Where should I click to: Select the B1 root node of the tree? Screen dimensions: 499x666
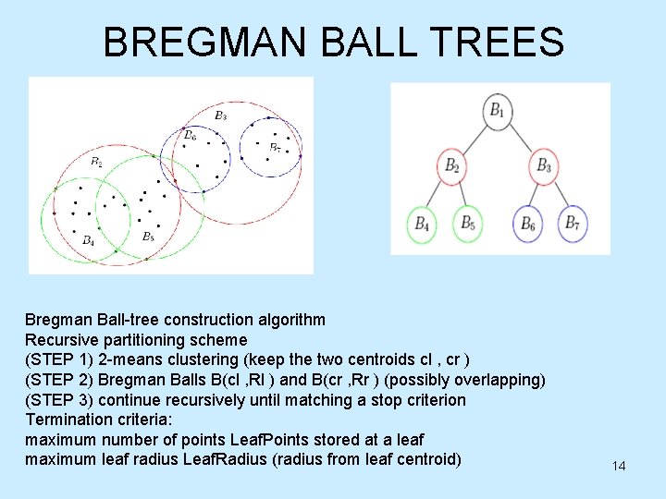click(x=498, y=112)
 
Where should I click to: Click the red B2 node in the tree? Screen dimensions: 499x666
click(x=451, y=166)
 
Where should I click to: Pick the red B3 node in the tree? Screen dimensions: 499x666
click(x=544, y=166)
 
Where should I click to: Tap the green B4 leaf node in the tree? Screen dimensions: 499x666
click(x=422, y=224)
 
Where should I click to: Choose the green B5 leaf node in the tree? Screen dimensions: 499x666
click(x=468, y=224)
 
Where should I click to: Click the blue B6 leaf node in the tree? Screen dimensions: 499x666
click(x=527, y=224)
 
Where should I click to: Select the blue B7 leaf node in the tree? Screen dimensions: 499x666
click(x=573, y=224)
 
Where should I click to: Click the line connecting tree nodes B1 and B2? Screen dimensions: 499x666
click(x=475, y=139)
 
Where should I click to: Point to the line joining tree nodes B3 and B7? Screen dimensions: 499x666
click(x=559, y=195)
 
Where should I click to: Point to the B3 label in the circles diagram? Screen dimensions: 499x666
click(x=220, y=116)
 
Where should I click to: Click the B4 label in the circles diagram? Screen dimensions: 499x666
click(x=88, y=240)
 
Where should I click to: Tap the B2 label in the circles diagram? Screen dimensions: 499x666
click(x=97, y=162)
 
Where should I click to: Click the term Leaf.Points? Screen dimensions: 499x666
click(x=244, y=440)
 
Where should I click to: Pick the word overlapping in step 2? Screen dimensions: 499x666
click(x=499, y=380)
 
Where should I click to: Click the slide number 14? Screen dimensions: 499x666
click(x=618, y=466)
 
